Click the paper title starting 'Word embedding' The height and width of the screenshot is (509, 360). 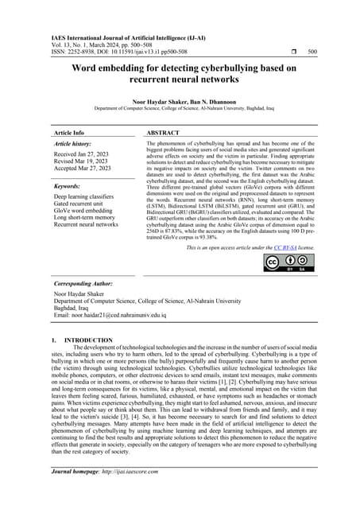pos(180,73)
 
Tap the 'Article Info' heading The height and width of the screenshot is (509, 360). pos(68,133)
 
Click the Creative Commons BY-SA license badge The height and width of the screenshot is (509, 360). pos(284,262)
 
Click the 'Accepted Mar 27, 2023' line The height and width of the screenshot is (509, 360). pos(83,169)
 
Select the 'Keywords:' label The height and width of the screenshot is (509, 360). pos(70,185)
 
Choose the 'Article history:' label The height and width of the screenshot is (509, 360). pos(77,144)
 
